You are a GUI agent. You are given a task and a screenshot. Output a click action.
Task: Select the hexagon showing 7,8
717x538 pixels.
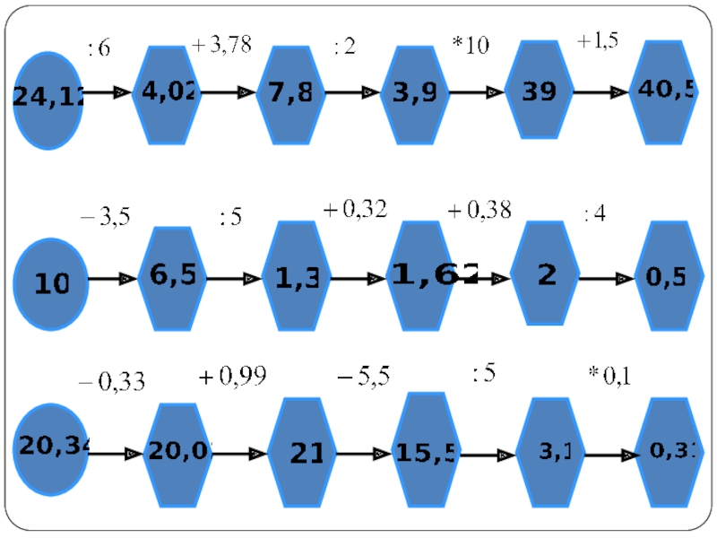click(289, 93)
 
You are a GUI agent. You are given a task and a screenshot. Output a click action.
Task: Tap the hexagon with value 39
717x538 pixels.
click(539, 90)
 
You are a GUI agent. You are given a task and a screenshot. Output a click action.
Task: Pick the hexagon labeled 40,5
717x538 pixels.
click(664, 91)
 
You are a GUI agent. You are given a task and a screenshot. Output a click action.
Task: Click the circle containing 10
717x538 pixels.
click(51, 282)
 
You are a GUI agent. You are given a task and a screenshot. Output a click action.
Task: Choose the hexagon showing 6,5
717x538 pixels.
click(173, 278)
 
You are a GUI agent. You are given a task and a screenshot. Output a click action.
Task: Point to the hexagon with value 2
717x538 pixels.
click(545, 274)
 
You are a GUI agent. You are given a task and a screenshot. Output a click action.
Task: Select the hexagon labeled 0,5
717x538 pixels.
click(668, 277)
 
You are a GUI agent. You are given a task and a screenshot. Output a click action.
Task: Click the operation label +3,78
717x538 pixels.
click(221, 46)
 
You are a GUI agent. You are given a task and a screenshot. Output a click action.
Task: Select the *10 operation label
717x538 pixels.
click(471, 46)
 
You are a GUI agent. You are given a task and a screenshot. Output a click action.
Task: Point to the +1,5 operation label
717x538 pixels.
click(598, 41)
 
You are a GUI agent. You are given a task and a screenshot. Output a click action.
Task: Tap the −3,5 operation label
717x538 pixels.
click(106, 217)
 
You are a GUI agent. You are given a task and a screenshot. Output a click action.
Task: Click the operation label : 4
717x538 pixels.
click(594, 214)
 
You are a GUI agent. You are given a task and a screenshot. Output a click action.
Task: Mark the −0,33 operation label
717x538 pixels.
click(111, 383)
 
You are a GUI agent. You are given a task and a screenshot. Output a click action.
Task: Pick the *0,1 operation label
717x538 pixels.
click(609, 375)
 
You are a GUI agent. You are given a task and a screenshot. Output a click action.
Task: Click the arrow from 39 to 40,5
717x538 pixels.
click(600, 92)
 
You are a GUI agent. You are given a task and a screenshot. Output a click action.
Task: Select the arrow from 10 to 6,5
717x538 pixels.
click(113, 280)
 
